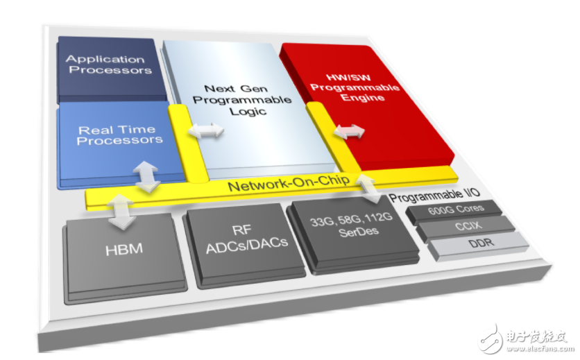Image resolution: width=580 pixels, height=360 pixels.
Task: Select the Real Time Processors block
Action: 119,135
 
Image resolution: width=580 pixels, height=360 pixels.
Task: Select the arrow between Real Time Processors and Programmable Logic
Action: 208,130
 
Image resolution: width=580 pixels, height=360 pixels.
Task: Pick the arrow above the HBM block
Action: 121,212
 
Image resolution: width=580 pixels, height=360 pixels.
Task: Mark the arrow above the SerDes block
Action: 369,188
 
